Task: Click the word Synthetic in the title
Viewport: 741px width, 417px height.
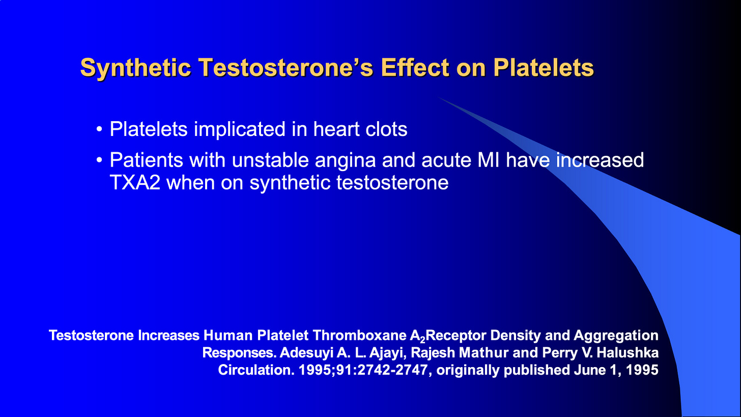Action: pos(135,68)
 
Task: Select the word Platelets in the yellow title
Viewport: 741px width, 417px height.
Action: pos(543,68)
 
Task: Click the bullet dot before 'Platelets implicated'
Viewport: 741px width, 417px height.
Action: pos(99,129)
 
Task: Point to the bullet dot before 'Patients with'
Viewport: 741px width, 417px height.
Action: pos(99,160)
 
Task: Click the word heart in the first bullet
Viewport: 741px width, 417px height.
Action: pos(336,129)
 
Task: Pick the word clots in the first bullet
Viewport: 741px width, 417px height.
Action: pos(386,129)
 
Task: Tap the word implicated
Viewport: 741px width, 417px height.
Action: pos(240,130)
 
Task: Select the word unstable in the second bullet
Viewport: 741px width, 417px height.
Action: pos(270,160)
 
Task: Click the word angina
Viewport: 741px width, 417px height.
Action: pos(346,161)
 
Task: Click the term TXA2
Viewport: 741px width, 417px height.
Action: pos(135,182)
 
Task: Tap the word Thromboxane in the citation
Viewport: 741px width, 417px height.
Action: pos(359,335)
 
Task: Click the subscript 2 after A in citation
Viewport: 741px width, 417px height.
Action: pos(422,339)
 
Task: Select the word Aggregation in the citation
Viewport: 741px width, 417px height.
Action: pos(616,336)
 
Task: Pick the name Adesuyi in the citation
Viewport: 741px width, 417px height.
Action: pos(306,353)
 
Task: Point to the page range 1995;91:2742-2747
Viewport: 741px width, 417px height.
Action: pos(363,370)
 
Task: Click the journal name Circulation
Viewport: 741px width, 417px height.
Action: pos(256,370)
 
